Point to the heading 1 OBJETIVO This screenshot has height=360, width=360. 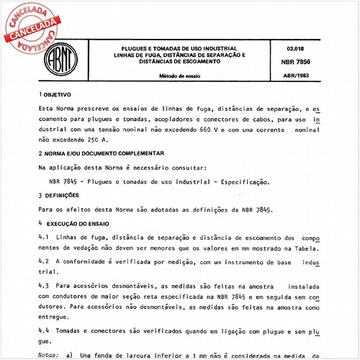(56, 94)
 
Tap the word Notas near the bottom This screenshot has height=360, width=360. (48, 355)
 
